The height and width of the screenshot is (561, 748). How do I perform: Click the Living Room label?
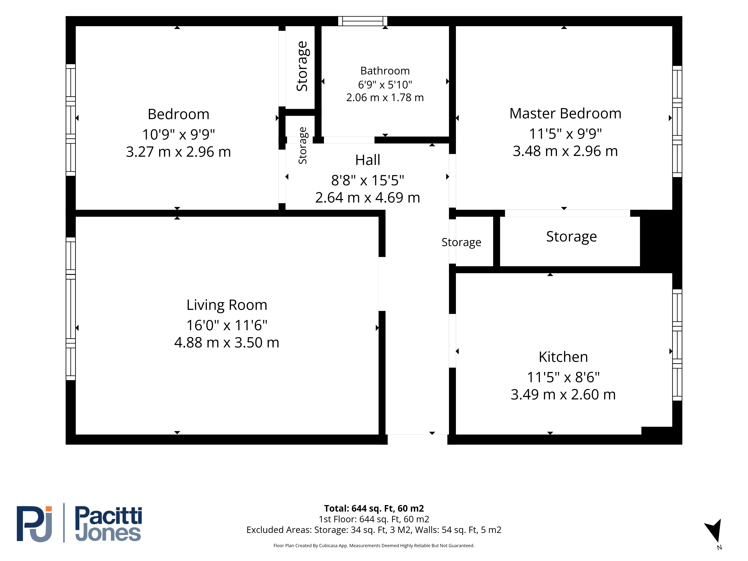pos(227,305)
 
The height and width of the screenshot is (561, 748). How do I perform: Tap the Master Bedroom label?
pos(565,114)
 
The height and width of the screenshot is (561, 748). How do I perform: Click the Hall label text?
pos(368,160)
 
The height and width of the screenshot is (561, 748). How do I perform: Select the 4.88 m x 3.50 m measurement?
pos(227,343)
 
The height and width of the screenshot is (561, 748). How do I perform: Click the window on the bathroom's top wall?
pos(363,21)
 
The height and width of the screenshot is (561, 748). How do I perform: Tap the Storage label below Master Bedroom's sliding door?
pos(571,237)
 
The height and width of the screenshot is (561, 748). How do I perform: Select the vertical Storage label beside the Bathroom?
pos(302,66)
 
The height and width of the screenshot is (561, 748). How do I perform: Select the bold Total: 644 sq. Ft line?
pos(374,509)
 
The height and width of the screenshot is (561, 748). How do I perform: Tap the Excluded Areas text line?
pos(374,530)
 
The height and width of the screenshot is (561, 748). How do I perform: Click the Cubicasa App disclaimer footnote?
pos(374,545)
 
